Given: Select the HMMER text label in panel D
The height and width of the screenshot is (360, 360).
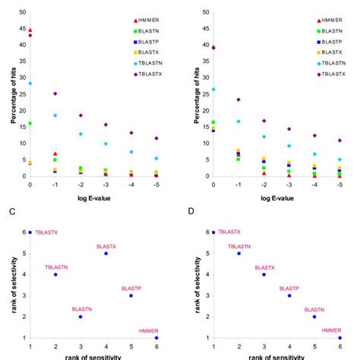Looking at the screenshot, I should pyautogui.click(x=332, y=330).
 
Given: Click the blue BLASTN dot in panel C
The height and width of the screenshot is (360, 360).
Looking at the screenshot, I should pyautogui.click(x=81, y=316).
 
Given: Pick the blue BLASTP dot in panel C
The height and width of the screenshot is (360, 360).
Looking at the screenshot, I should pyautogui.click(x=131, y=295).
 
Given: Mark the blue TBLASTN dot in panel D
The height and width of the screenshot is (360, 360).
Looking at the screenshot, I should pyautogui.click(x=238, y=253).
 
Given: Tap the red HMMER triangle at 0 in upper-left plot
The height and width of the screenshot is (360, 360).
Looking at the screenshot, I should pyautogui.click(x=30, y=30).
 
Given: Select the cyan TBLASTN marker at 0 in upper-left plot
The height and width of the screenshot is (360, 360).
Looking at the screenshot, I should pyautogui.click(x=30, y=84).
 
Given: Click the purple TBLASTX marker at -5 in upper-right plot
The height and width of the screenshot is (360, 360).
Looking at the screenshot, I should pyautogui.click(x=339, y=141).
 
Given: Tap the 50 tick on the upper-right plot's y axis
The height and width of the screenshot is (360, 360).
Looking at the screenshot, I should pyautogui.click(x=204, y=13).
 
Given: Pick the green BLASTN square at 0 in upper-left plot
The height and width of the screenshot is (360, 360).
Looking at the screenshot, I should pyautogui.click(x=30, y=123).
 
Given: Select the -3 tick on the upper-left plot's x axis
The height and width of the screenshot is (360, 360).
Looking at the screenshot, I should pyautogui.click(x=106, y=184).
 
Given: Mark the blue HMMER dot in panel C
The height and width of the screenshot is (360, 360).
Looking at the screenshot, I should pyautogui.click(x=156, y=337).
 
